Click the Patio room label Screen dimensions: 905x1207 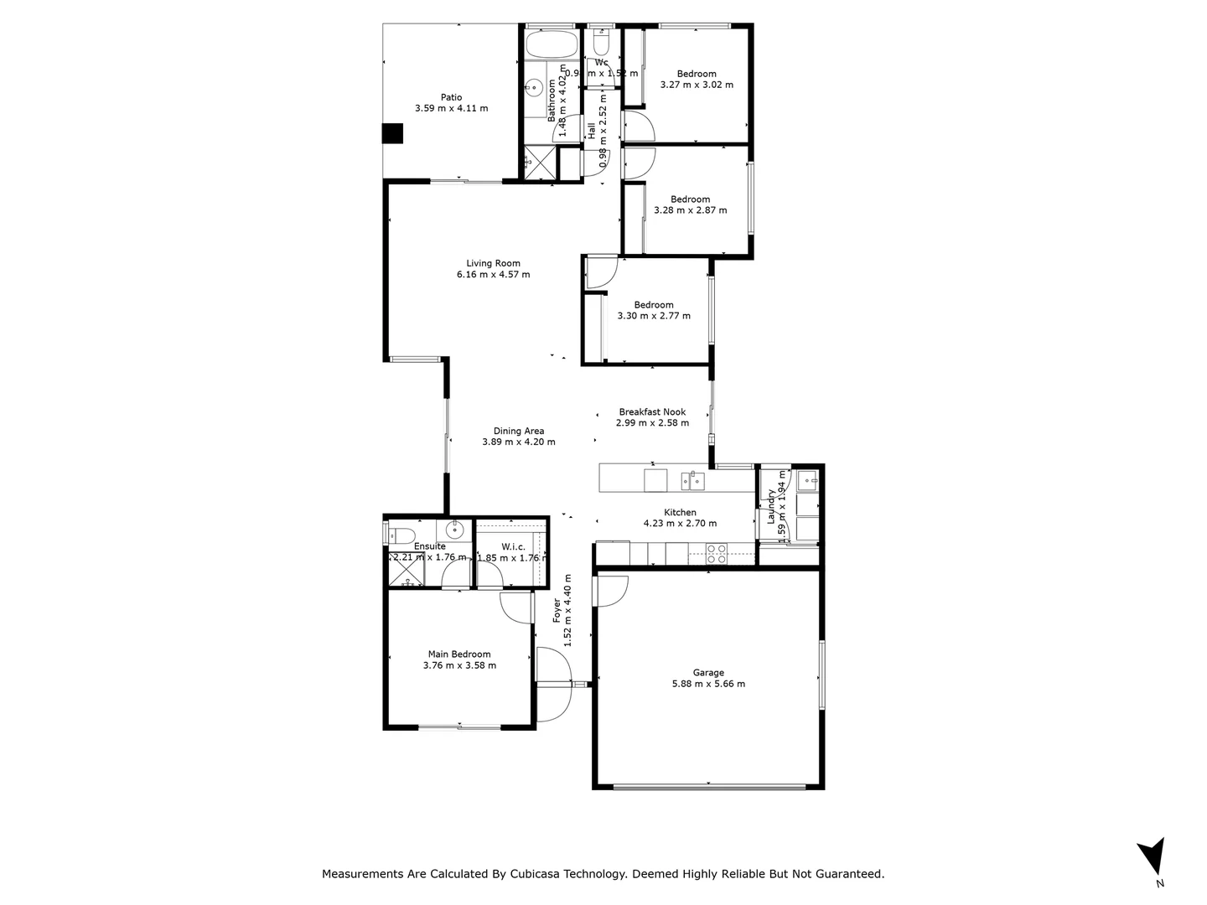click(451, 97)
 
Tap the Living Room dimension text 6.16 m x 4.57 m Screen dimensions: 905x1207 click(493, 275)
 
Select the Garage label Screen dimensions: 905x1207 click(707, 672)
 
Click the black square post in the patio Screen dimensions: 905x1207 click(392, 134)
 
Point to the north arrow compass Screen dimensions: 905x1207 click(1152, 857)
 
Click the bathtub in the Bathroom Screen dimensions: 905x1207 click(551, 44)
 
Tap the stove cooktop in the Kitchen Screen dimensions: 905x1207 click(717, 553)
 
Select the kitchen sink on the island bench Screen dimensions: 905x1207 click(692, 480)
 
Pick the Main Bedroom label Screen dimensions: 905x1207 click(459, 654)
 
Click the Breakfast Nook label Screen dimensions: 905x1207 click(652, 411)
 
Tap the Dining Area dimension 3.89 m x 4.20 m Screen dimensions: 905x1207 click(518, 442)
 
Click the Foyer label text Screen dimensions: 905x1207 click(557, 610)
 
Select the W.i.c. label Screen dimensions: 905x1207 click(513, 546)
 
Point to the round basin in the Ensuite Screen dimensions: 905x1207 click(455, 530)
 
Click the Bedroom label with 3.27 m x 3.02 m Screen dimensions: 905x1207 click(697, 74)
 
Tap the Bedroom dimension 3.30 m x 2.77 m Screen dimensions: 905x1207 click(654, 316)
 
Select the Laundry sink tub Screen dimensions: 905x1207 click(807, 480)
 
